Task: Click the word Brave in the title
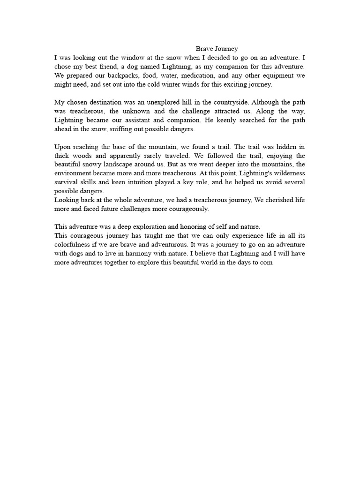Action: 203,49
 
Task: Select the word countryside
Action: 223,102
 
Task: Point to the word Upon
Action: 62,146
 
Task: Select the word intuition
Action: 132,182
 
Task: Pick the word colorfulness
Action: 75,245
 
